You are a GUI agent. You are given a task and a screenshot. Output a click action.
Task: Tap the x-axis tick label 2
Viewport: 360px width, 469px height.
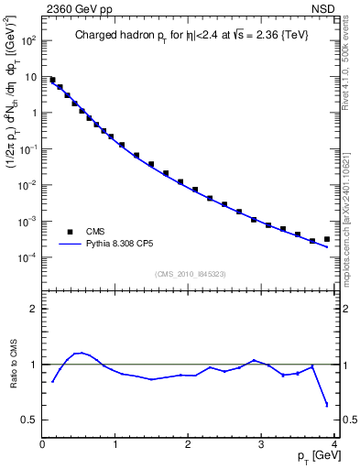pos(188,445)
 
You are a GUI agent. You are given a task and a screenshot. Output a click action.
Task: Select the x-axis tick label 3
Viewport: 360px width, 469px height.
pos(261,445)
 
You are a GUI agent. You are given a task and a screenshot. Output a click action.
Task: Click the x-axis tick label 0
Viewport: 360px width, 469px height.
pos(42,445)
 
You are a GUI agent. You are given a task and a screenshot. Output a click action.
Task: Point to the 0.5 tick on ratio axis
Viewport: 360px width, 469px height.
pos(28,420)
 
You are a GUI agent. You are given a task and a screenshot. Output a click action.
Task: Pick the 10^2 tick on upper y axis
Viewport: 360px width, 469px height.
pos(27,41)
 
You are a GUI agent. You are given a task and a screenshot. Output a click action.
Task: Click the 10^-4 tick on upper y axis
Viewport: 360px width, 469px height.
pos(27,257)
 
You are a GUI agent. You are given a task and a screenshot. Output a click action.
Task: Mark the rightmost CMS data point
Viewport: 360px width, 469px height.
pos(327,239)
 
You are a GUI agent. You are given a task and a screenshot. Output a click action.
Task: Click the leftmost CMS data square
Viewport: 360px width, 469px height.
pos(52,81)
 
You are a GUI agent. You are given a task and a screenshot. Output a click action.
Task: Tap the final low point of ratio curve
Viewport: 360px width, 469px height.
pos(327,404)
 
